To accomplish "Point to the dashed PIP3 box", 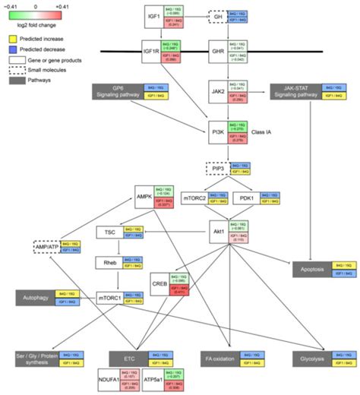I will coord(218,169).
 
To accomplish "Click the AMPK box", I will coord(144,195).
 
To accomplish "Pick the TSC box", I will coord(109,232).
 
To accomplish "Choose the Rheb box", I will coord(109,263).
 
